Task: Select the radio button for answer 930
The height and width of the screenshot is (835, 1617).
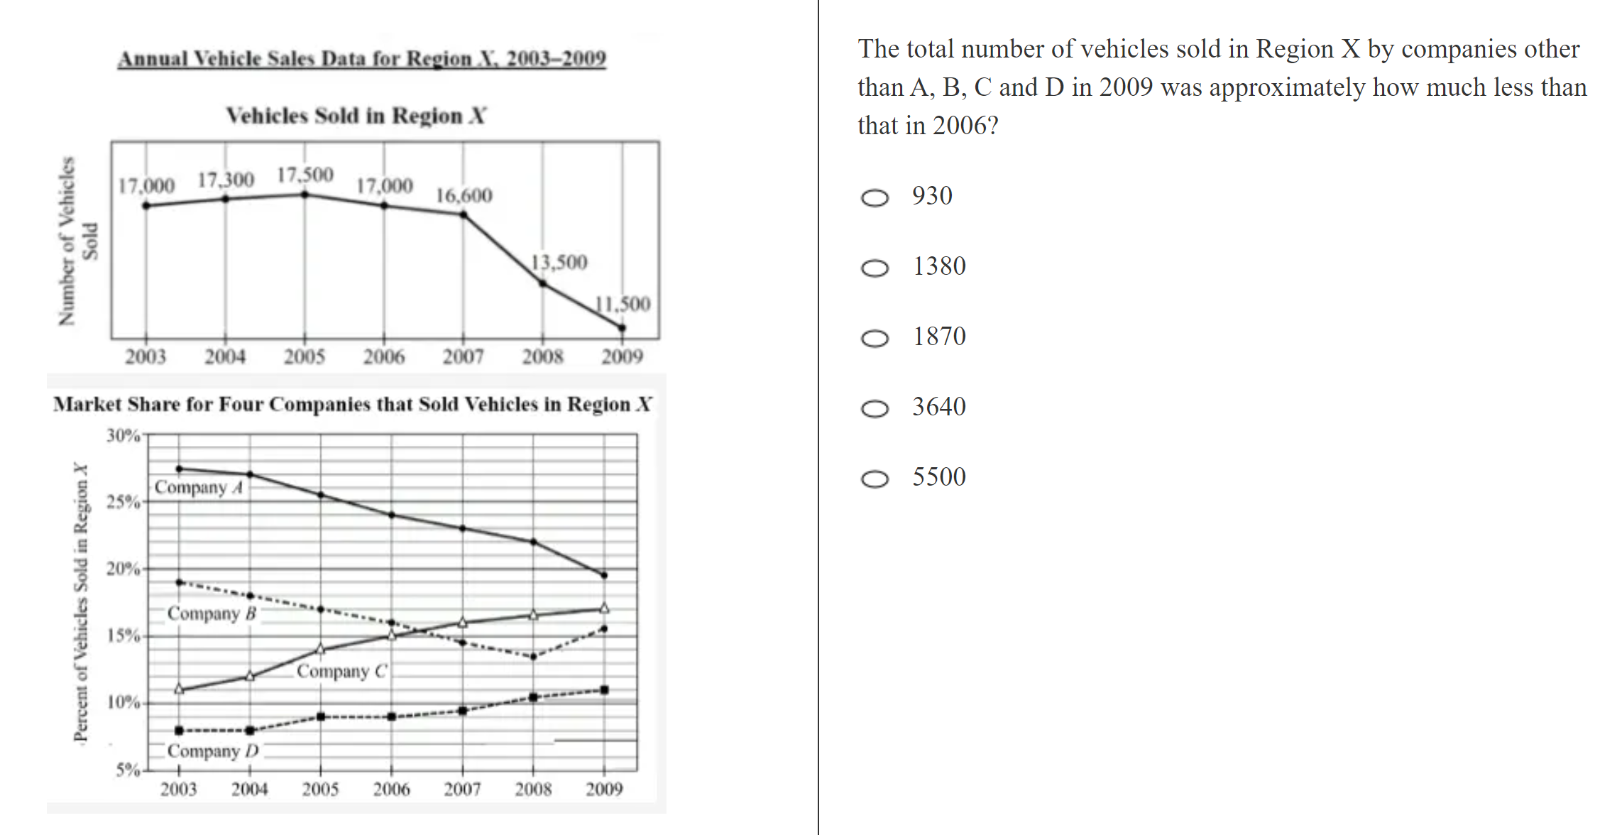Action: click(875, 197)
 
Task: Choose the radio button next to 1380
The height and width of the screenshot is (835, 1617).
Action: click(875, 268)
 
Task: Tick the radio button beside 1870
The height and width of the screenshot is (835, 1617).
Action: click(875, 338)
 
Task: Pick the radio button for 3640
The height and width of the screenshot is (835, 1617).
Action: click(875, 408)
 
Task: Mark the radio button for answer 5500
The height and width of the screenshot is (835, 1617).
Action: click(875, 479)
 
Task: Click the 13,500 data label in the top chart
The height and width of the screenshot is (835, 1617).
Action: click(559, 263)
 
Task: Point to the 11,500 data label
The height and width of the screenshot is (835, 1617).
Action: click(623, 304)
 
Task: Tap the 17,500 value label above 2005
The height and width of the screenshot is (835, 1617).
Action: click(305, 175)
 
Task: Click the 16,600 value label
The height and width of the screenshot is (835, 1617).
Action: click(464, 195)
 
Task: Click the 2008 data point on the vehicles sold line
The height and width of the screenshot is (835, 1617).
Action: click(543, 283)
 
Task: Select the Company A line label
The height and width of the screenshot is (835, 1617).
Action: click(199, 487)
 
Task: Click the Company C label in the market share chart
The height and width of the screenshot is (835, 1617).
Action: click(342, 671)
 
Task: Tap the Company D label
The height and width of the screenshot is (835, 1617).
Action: click(213, 751)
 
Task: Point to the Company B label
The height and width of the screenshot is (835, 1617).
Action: click(212, 613)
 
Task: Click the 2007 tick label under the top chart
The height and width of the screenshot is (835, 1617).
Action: click(464, 356)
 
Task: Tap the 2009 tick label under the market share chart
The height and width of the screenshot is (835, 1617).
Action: click(604, 789)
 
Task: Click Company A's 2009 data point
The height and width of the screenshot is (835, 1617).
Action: click(604, 575)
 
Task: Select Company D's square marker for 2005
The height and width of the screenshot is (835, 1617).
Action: click(321, 716)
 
